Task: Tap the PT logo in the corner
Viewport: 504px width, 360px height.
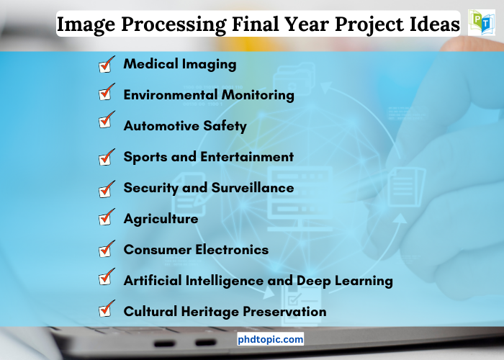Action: pos(481,22)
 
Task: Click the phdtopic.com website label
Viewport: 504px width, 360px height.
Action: pos(270,339)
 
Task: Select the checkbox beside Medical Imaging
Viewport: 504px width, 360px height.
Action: pos(107,64)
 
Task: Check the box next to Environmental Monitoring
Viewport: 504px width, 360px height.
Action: pos(107,92)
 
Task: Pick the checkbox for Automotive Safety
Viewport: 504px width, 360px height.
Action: pos(107,120)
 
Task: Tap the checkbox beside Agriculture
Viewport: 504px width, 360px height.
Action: pos(107,217)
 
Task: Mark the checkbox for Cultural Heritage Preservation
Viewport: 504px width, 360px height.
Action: pos(107,309)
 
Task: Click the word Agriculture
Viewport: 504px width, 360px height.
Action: pos(161,219)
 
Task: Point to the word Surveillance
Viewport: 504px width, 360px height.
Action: pos(253,188)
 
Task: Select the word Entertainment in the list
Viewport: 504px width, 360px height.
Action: pos(247,157)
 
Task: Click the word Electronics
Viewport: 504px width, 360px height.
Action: pos(232,250)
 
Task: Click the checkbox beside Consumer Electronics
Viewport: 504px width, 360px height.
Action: pos(107,249)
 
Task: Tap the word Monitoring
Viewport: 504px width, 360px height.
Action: pos(258,96)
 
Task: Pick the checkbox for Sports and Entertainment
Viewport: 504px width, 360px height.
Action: pos(107,157)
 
